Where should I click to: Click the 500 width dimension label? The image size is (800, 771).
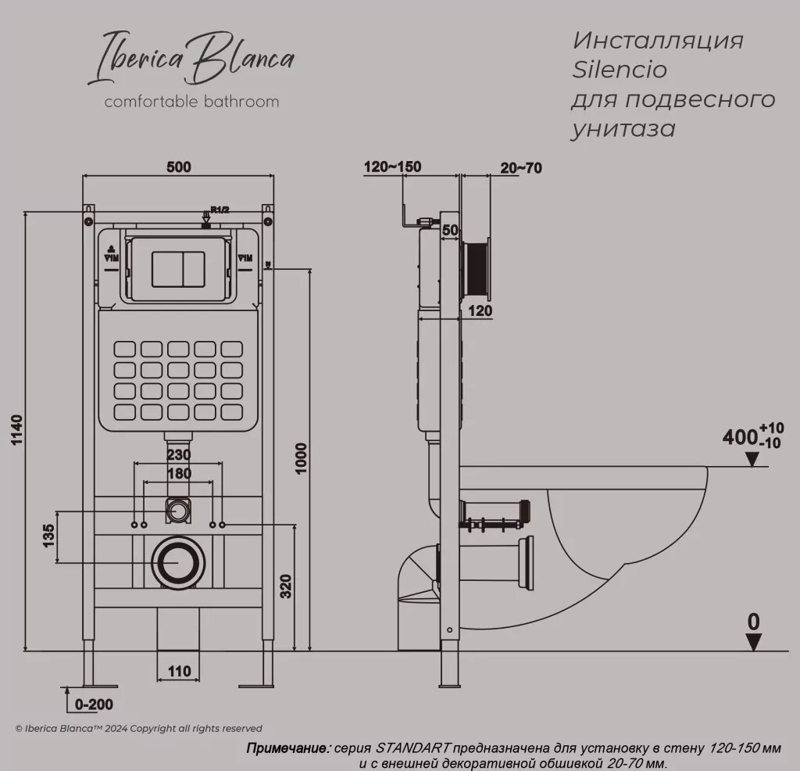tap(178, 167)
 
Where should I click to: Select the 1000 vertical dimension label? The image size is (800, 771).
tap(302, 457)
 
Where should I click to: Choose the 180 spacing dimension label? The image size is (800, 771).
tap(178, 473)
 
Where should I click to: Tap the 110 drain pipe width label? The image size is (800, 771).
tap(179, 672)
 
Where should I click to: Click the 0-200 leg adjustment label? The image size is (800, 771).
tap(95, 704)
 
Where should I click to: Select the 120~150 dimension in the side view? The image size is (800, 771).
tap(392, 167)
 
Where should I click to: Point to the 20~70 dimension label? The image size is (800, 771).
tap(521, 167)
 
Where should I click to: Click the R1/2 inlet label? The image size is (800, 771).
tap(220, 210)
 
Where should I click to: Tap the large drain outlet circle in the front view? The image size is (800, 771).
tap(179, 562)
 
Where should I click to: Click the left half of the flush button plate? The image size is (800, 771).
tap(166, 268)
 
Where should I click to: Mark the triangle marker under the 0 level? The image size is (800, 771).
tap(752, 642)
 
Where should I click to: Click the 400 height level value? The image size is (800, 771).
tap(738, 437)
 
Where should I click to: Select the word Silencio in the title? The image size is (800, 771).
tap(620, 70)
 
